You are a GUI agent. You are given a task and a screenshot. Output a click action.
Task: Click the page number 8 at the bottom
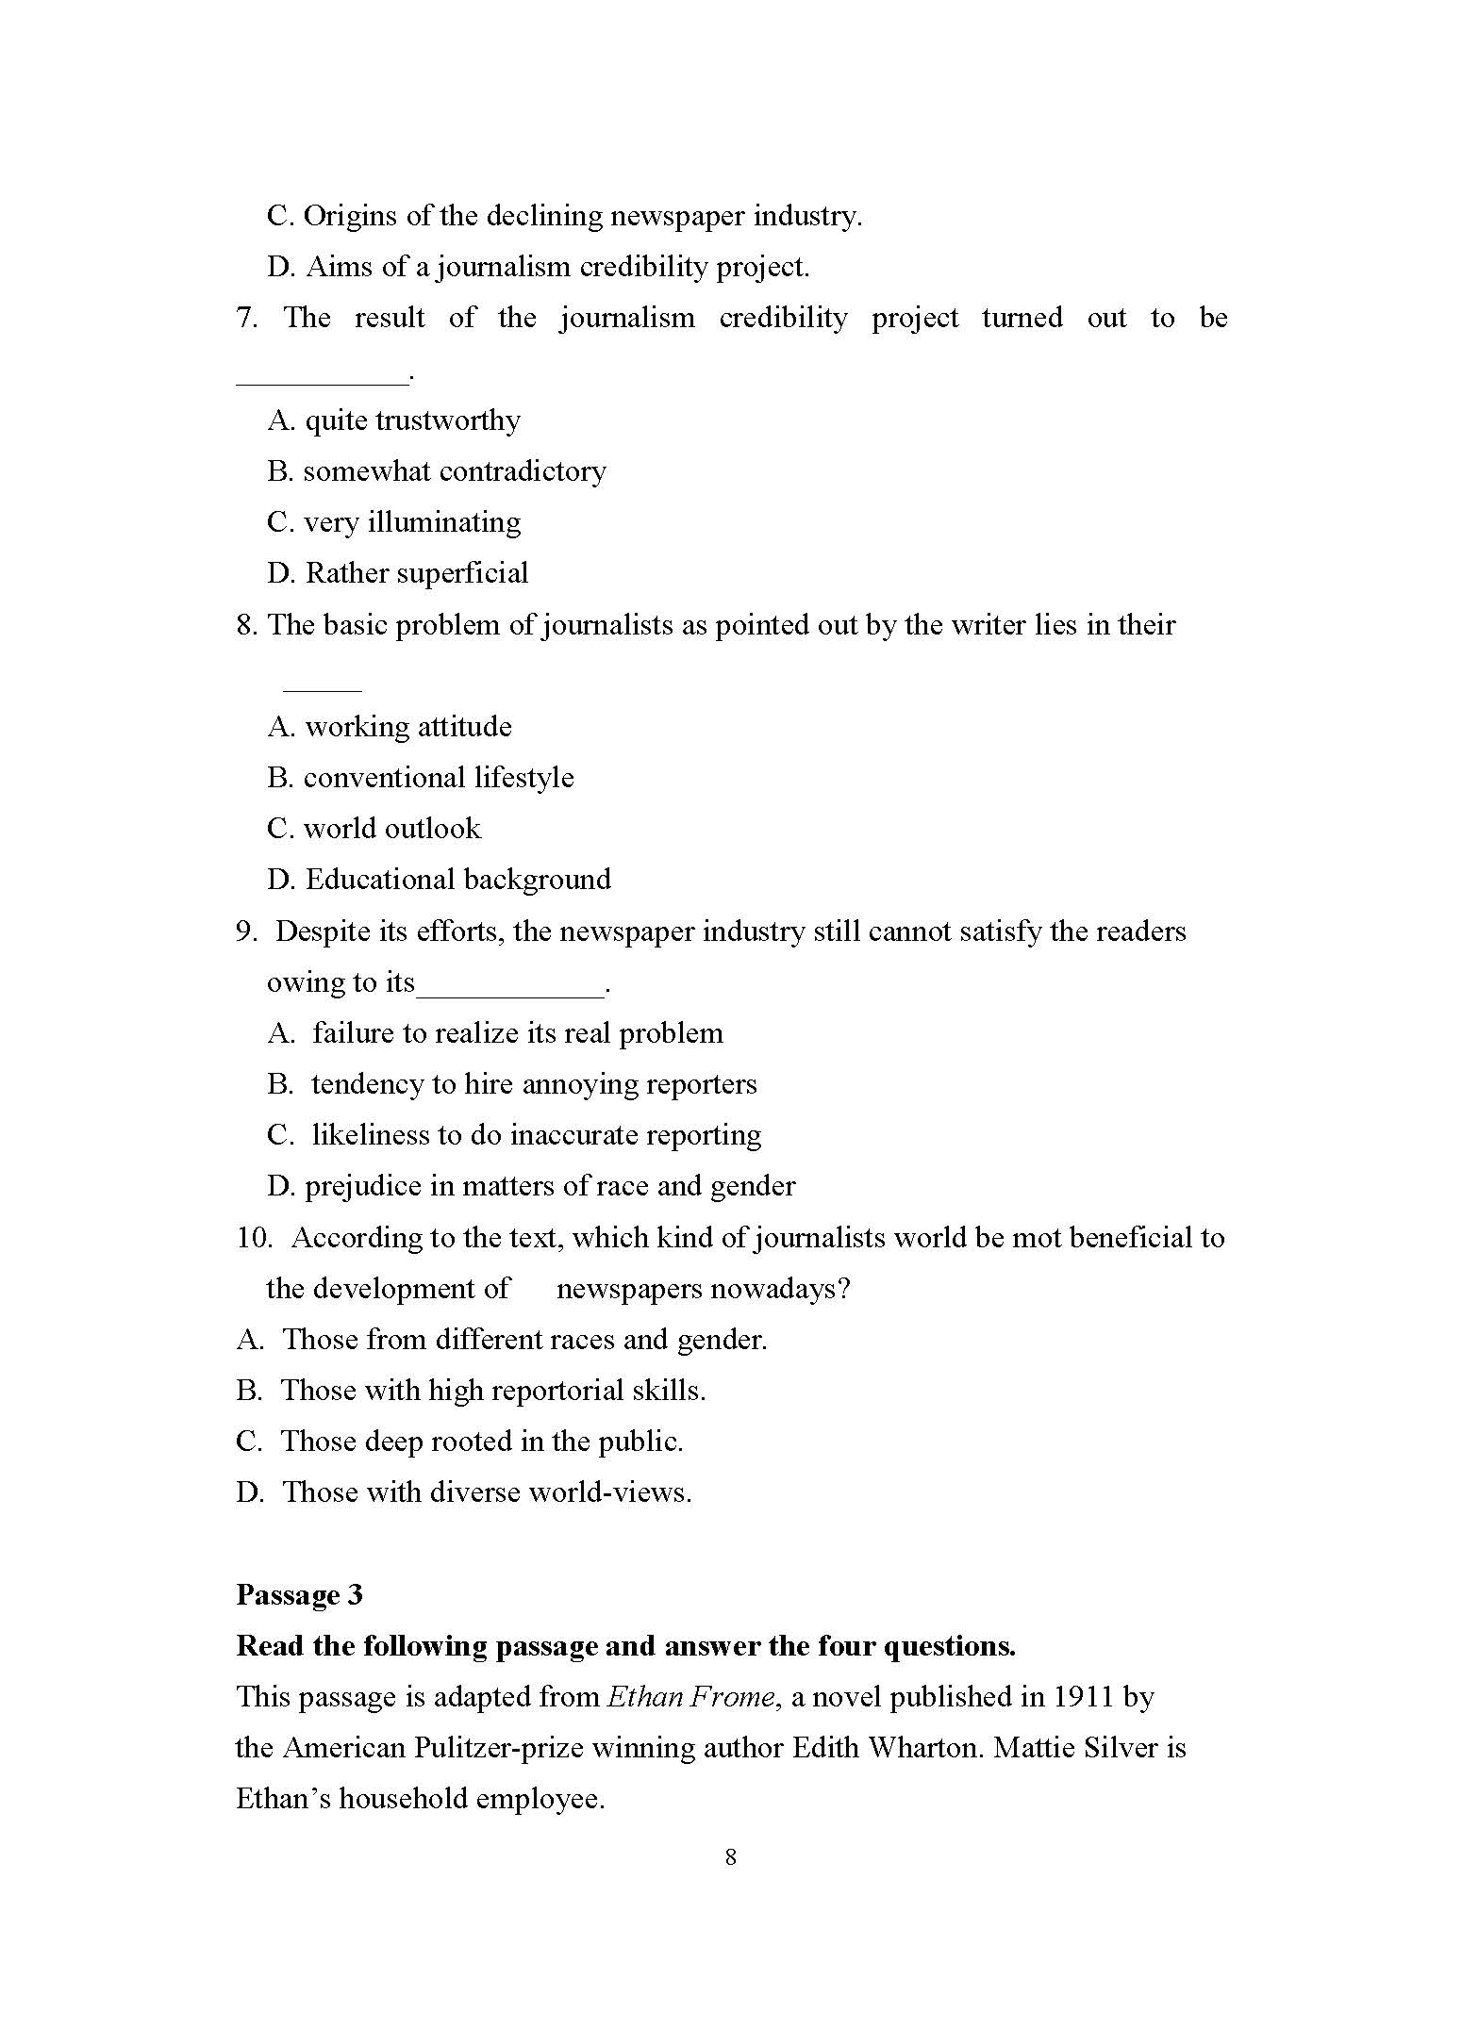(x=730, y=1856)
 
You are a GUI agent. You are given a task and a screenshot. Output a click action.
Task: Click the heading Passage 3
(x=299, y=1594)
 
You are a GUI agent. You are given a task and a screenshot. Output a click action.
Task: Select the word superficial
(x=467, y=573)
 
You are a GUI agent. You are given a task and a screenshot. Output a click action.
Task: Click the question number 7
(x=246, y=318)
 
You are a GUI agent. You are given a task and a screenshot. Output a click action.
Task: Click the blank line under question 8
(x=322, y=689)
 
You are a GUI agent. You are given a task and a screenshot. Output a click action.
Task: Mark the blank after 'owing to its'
(x=510, y=994)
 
